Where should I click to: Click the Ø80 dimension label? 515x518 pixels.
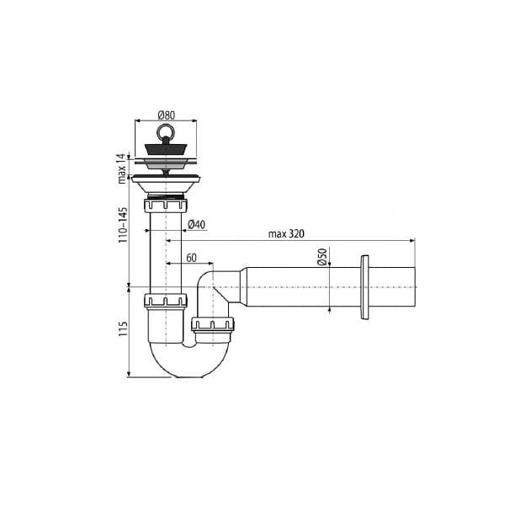tap(167, 115)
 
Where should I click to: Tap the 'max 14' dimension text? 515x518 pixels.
tap(122, 168)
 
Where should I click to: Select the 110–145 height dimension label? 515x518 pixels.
tap(123, 225)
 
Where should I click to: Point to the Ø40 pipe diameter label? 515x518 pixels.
tap(196, 225)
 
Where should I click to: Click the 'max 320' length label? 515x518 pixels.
tap(286, 234)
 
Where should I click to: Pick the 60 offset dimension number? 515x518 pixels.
tap(192, 258)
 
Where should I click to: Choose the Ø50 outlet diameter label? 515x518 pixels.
tap(321, 257)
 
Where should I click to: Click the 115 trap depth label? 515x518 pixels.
tap(123, 328)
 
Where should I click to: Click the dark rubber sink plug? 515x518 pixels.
tap(166, 149)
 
